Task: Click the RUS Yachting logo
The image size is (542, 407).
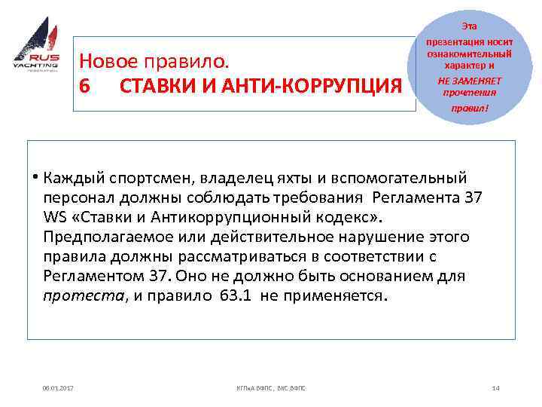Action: tap(36, 49)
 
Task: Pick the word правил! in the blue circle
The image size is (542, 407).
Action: tap(469, 108)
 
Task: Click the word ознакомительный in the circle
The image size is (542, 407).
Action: tap(469, 54)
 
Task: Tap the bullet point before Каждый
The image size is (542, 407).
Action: tap(35, 178)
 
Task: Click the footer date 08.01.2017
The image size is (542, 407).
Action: tap(57, 387)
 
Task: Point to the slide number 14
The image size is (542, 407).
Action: tap(495, 387)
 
